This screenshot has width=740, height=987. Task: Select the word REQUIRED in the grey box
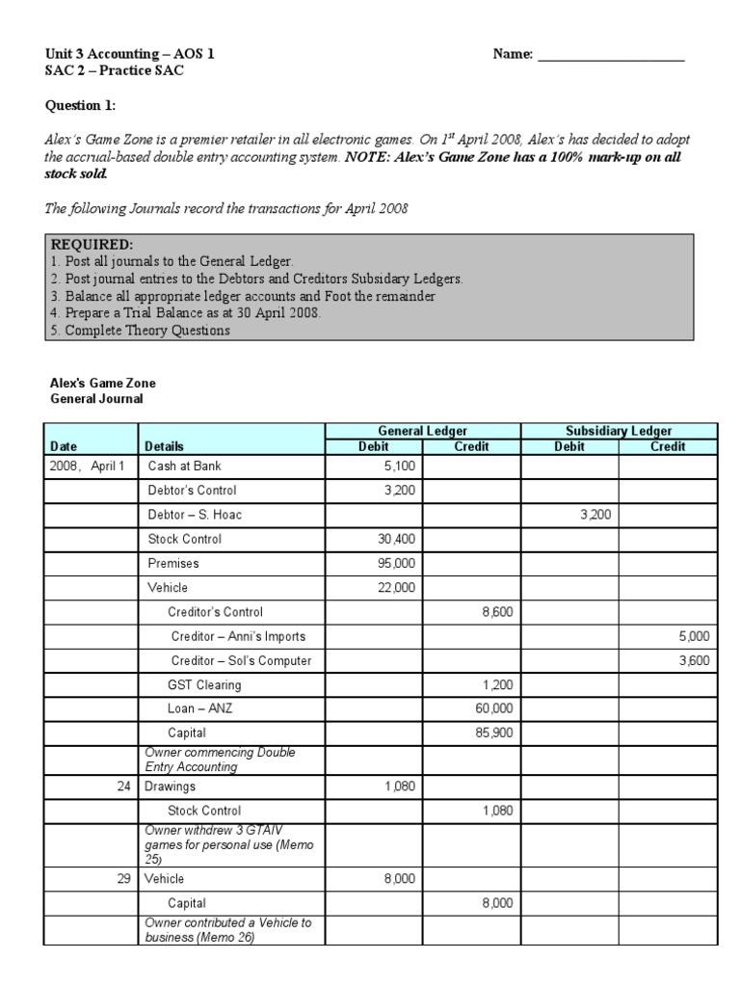(92, 245)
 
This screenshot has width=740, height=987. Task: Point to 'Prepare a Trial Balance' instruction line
(183, 312)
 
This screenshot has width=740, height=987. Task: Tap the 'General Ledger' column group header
(423, 431)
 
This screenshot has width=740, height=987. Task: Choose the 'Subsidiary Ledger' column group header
(619, 431)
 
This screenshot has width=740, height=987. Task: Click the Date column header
(64, 446)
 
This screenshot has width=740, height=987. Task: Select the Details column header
(164, 446)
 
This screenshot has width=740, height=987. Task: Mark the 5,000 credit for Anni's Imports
(693, 636)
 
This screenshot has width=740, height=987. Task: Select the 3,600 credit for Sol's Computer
(693, 661)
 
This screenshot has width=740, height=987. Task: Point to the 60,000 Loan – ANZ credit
(494, 709)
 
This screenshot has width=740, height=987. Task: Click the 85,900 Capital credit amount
(494, 734)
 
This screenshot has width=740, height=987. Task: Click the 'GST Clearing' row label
(204, 685)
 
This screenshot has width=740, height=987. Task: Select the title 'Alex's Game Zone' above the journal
(102, 384)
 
